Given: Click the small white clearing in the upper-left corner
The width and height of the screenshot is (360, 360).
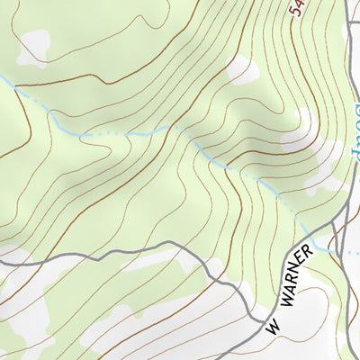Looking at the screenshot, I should (34, 47).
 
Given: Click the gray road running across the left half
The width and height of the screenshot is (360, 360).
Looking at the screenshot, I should (108, 255).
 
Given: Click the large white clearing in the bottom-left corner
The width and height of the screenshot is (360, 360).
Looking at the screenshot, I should (27, 315).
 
